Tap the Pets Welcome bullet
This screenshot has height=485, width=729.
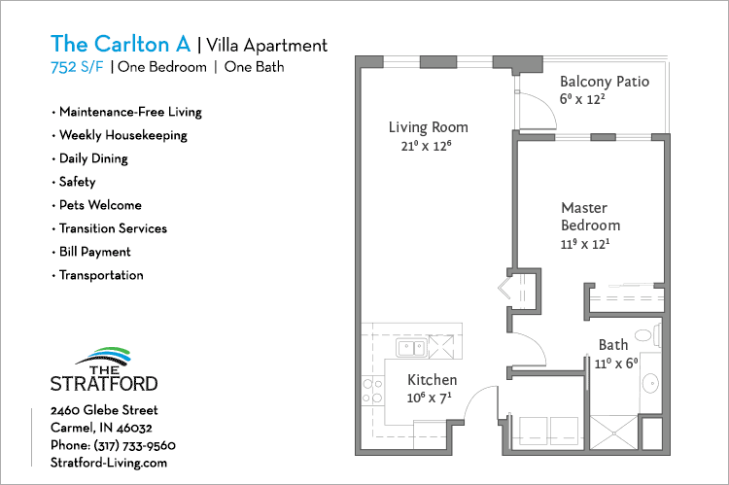coord(99,205)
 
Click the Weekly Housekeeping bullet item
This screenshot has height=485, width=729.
coord(122,135)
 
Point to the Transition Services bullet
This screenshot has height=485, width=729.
coord(113,228)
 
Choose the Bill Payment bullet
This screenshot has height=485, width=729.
coord(94,252)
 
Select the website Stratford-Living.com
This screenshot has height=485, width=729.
coord(109,463)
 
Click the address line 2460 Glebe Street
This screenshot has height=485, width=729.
coord(104,410)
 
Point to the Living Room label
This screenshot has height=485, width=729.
coord(428,127)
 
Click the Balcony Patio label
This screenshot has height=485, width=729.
coord(604,82)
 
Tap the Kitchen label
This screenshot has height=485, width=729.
coord(432,380)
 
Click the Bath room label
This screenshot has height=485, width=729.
coord(612,344)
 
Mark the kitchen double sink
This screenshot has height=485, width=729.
coord(409,347)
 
